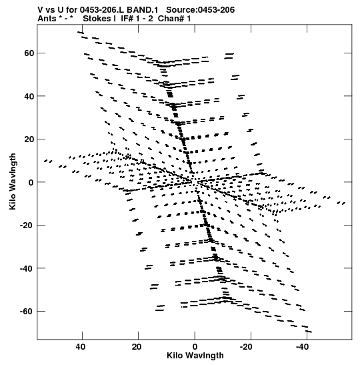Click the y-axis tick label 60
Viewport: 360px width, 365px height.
coord(29,53)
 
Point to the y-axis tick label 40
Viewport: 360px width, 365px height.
coord(29,96)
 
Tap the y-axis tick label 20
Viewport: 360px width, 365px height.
coord(29,139)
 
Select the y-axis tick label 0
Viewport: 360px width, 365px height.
coord(31,182)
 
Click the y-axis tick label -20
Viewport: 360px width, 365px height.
coord(27,226)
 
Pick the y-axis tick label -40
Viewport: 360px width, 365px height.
coord(27,268)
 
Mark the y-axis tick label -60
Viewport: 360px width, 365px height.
coord(27,312)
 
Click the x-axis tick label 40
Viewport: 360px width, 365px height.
coord(80,347)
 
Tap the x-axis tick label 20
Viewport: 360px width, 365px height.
coord(137,347)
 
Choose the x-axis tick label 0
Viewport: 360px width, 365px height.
coord(195,347)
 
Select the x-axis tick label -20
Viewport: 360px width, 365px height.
coord(247,347)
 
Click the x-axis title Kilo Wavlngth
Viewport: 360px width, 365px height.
coord(195,356)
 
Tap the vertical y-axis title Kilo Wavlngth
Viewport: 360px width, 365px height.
coord(13,181)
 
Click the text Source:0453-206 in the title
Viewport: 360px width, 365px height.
coord(201,10)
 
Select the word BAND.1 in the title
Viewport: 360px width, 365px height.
coord(143,10)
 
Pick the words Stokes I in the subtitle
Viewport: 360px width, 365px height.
coord(99,19)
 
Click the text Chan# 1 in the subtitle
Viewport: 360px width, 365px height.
coord(174,19)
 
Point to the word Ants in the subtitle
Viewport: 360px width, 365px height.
coord(47,19)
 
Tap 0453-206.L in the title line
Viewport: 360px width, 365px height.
coord(102,10)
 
